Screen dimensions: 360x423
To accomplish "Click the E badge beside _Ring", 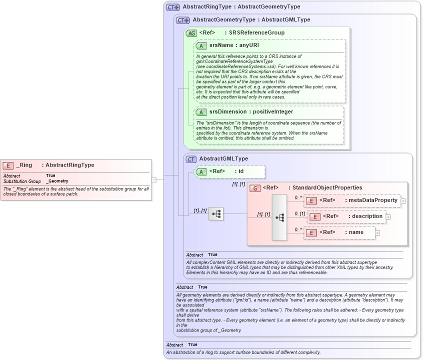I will pos(8,165).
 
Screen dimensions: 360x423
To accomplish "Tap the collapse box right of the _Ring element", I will pos(154,179).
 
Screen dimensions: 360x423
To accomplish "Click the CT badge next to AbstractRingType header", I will pos(173,7).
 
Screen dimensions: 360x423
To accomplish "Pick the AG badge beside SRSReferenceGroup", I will pos(191,33).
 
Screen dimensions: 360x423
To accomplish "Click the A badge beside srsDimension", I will pos(201,112).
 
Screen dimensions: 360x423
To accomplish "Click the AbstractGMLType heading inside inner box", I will pos(223,159).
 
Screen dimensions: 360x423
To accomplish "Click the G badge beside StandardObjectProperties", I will pos(255,188).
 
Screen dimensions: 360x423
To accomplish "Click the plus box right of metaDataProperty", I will pos(403,201).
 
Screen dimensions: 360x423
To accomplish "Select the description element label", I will pos(364,216).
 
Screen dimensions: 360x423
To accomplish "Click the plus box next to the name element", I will pos(377,232).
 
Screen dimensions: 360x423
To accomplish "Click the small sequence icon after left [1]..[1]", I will pos(216,214).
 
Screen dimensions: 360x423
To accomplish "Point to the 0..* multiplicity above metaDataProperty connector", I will pos(298,197).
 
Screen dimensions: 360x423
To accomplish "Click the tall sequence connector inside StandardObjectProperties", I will pos(279,217).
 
